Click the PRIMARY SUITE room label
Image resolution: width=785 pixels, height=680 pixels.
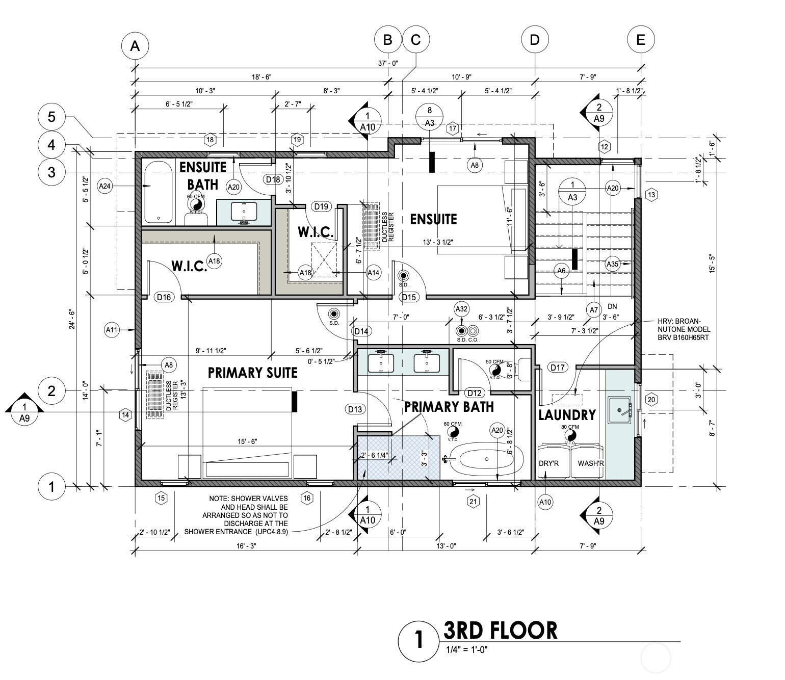pos(252,373)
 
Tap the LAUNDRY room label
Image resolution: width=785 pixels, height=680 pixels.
pos(567,415)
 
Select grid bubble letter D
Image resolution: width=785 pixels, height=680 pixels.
pos(535,40)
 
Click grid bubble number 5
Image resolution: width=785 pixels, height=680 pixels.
pos(51,117)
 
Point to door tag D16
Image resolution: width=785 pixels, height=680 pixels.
pos(164,297)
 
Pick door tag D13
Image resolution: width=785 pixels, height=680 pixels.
pos(355,409)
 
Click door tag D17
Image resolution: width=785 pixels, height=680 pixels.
pos(558,368)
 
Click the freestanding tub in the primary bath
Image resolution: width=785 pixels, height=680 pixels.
pos(486,459)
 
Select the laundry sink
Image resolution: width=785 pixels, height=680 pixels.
pos(619,410)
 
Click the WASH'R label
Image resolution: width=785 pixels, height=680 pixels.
pos(591,463)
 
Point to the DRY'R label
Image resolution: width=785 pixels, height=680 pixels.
pos(549,463)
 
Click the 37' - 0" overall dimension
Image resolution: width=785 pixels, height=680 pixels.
pos(388,63)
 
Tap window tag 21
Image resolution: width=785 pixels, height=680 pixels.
pos(473,502)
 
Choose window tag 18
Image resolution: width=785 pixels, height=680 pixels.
pos(210,140)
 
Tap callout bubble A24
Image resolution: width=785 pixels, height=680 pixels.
pos(105,186)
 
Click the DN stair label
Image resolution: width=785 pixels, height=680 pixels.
pos(612,306)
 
